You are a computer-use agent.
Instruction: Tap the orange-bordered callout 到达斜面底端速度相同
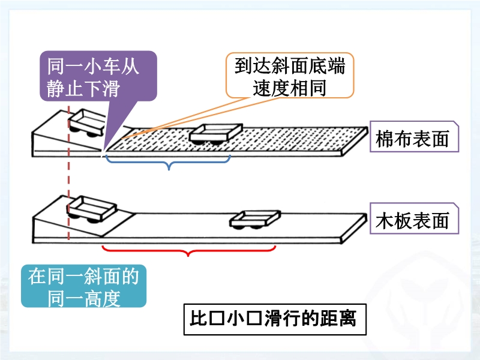click(289, 76)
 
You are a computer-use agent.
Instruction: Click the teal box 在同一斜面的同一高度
click(83, 286)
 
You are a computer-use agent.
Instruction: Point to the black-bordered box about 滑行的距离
click(274, 317)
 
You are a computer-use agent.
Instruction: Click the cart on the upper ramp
click(86, 122)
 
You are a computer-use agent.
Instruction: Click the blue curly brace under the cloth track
click(169, 161)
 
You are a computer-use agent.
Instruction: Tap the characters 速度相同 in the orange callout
click(289, 88)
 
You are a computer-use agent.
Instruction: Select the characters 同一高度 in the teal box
click(84, 297)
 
